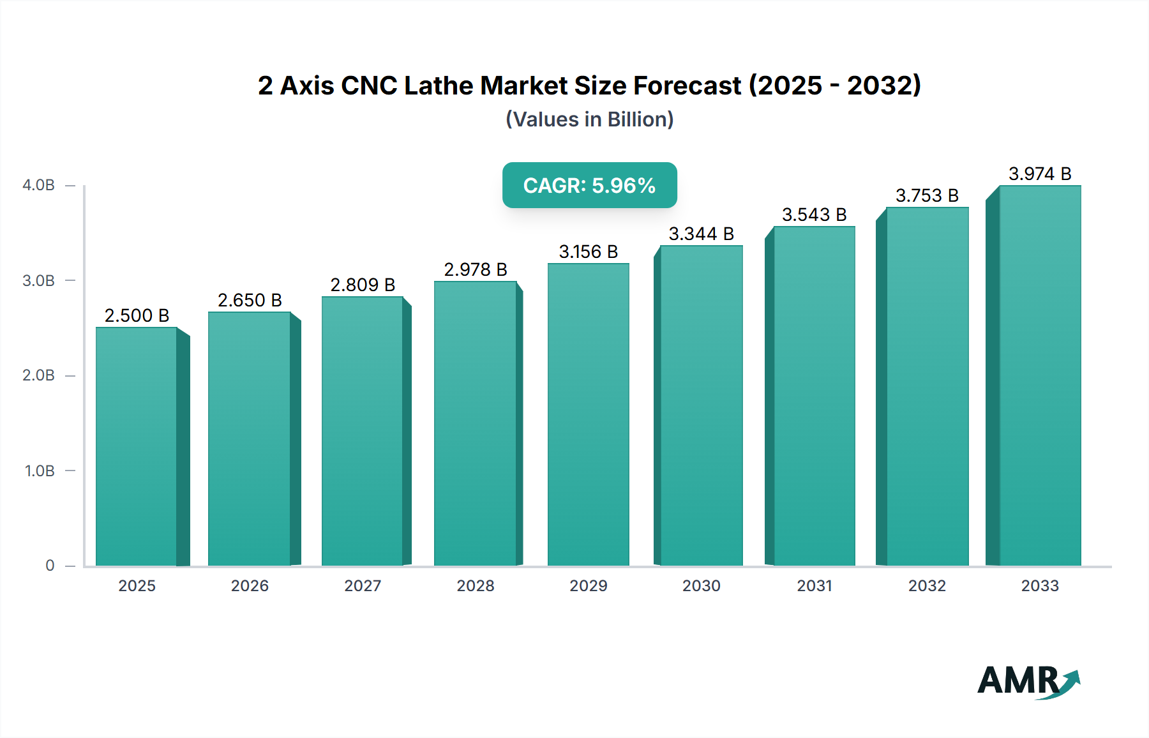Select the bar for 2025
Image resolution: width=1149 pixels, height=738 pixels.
(x=137, y=447)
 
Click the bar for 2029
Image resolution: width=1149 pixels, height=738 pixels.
(x=588, y=415)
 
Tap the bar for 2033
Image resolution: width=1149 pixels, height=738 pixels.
(x=1040, y=377)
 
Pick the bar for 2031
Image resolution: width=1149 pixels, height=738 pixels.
(x=814, y=396)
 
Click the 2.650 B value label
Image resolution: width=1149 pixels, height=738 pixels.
(x=250, y=300)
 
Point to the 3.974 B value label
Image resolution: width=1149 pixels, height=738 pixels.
(x=1040, y=174)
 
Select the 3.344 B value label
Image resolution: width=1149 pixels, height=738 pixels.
(x=701, y=234)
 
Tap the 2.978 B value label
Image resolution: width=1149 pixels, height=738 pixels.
(x=476, y=269)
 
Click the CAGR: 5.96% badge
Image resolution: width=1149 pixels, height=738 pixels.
(x=589, y=185)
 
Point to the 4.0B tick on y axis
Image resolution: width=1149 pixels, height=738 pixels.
(x=38, y=185)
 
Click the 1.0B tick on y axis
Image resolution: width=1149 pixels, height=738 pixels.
(x=40, y=471)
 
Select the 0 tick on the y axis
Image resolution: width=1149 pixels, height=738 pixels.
(x=50, y=566)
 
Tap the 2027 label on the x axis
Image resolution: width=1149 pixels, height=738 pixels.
(x=363, y=585)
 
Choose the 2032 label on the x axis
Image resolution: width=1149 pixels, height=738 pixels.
(x=927, y=585)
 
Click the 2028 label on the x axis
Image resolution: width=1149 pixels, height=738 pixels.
(x=476, y=585)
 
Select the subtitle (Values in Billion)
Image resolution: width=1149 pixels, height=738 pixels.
(x=589, y=119)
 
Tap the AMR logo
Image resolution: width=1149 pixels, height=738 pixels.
(x=1028, y=681)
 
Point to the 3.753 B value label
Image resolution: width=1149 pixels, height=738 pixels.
(x=927, y=195)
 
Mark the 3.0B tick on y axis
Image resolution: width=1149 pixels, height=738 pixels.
(x=38, y=281)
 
